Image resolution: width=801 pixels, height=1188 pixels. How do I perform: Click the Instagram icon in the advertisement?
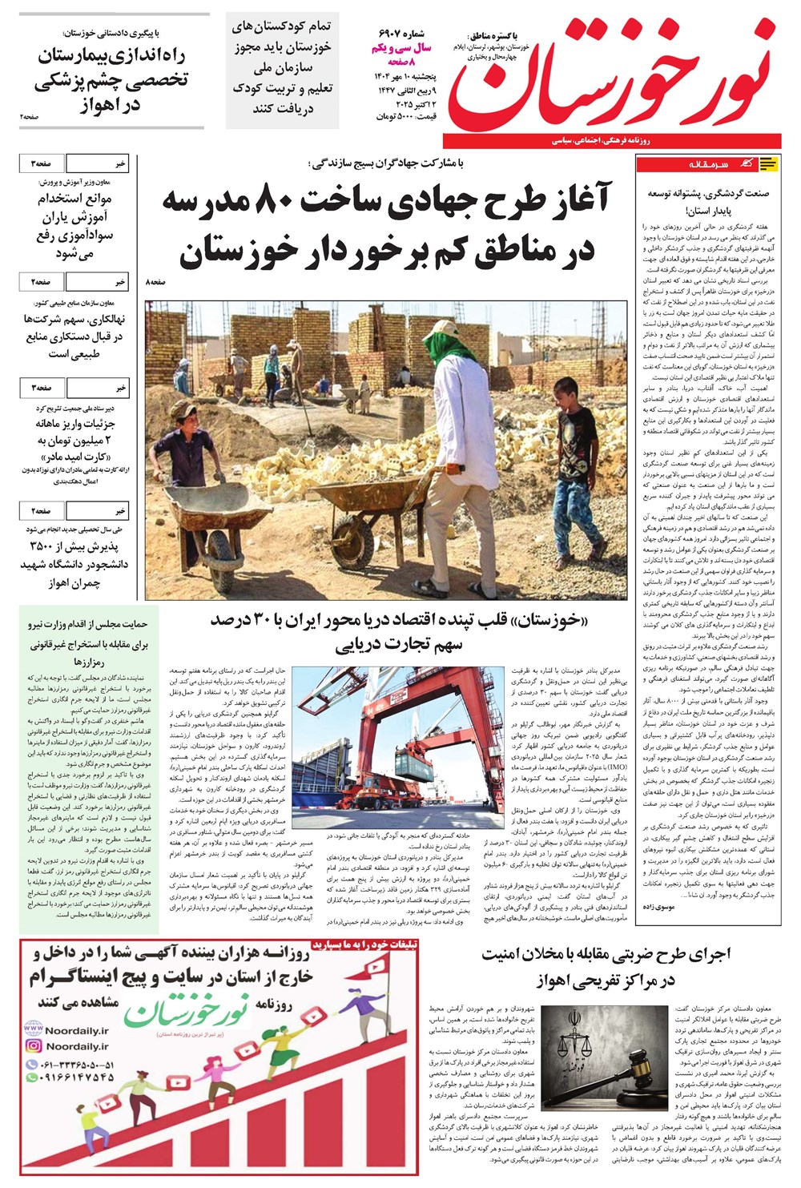click(x=34, y=1045)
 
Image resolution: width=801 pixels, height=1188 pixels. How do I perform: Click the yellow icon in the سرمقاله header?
click(x=767, y=164)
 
